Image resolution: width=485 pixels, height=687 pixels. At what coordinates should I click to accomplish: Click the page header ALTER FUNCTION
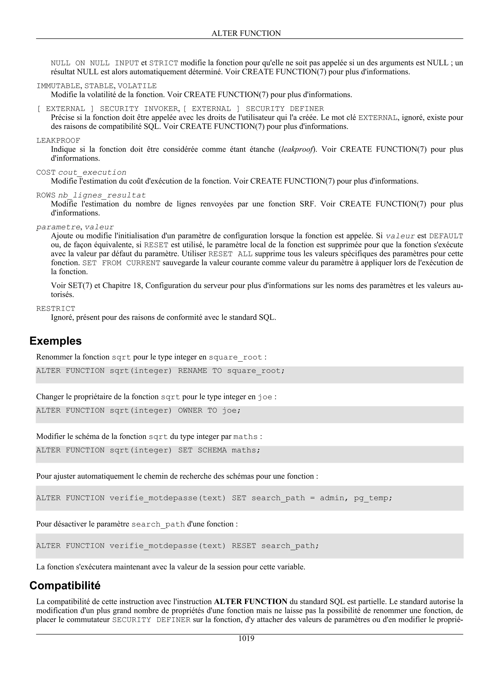click(246, 33)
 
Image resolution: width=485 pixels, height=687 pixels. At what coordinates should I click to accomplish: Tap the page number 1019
click(246, 639)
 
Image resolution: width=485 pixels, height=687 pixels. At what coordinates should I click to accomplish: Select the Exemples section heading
click(56, 341)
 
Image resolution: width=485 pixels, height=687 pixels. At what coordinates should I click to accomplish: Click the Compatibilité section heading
click(65, 586)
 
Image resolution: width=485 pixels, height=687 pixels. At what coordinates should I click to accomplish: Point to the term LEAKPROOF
click(58, 141)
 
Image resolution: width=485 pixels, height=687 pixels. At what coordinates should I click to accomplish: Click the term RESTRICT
click(56, 308)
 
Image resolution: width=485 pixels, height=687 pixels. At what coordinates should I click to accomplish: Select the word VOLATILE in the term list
click(137, 86)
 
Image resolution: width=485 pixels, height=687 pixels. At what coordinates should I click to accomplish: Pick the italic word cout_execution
click(92, 172)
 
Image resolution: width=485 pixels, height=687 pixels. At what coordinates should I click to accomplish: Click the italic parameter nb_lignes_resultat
click(102, 195)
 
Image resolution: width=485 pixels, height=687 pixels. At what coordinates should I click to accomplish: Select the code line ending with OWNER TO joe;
click(138, 411)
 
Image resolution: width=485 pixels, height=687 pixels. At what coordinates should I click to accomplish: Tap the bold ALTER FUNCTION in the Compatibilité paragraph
click(251, 601)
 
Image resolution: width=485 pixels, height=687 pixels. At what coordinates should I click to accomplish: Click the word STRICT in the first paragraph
click(164, 63)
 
